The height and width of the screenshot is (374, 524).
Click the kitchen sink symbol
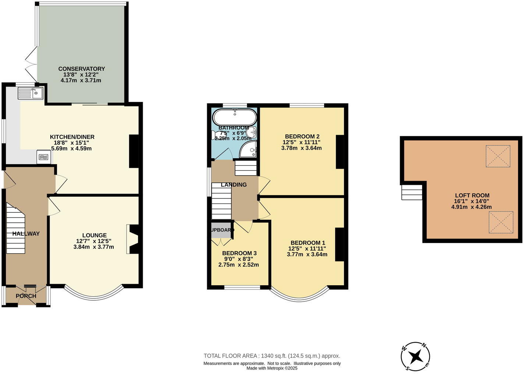coord(30,93)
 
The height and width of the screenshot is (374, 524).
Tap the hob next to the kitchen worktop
coord(43,157)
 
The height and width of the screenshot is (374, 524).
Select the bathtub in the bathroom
coord(234,117)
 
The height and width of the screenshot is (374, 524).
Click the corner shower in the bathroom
coord(249,149)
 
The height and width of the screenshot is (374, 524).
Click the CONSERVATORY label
coord(81,69)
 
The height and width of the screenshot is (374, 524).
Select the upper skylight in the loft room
coord(498,156)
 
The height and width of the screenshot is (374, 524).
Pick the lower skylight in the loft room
coord(501,222)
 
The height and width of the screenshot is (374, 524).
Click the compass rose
coord(415,356)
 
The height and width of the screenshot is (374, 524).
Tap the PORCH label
coord(26,296)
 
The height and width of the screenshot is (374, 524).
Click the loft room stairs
coord(412,192)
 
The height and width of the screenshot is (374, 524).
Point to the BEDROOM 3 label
coord(239,253)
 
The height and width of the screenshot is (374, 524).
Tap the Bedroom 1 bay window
coord(299,294)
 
